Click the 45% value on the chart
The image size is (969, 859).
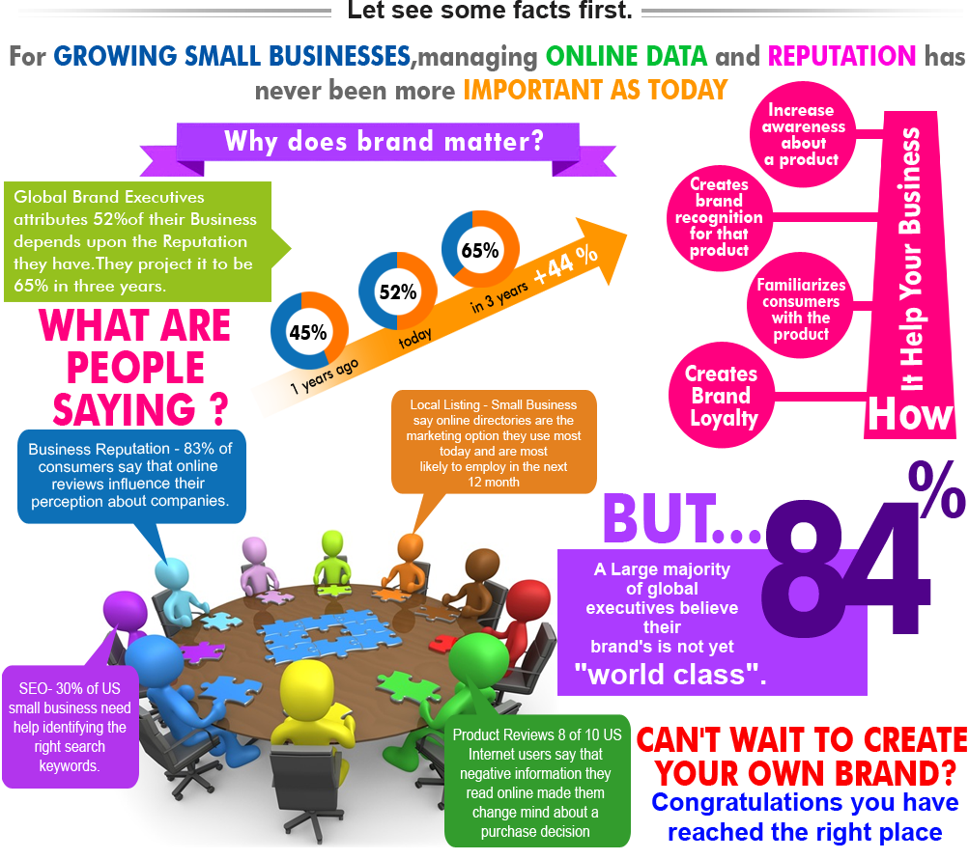[308, 333]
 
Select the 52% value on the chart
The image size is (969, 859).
[397, 291]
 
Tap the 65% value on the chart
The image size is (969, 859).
[480, 250]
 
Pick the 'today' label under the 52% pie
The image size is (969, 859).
[414, 338]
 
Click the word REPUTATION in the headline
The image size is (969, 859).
[841, 56]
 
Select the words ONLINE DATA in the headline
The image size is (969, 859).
[626, 56]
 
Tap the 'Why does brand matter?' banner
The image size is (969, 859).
[384, 142]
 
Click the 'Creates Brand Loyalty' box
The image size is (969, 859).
[722, 396]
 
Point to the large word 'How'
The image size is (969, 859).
[909, 414]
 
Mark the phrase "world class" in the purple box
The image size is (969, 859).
[676, 673]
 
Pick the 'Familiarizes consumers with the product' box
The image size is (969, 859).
[801, 310]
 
